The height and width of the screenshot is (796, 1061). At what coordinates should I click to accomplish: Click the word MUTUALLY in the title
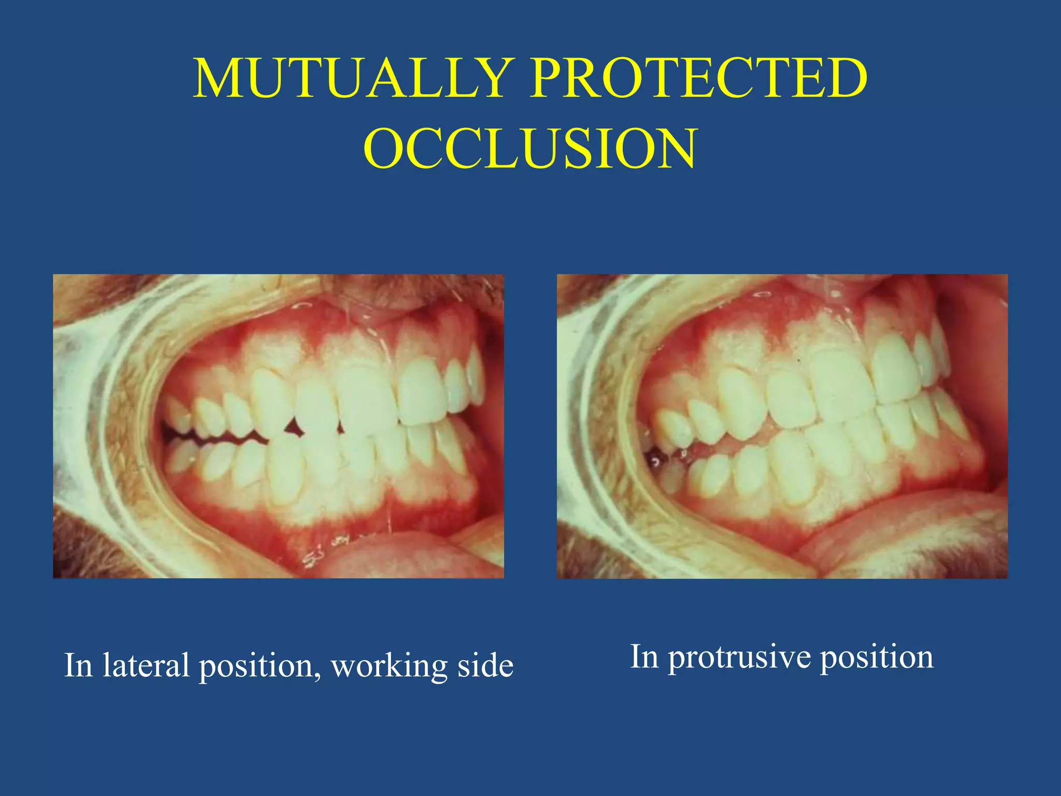(350, 78)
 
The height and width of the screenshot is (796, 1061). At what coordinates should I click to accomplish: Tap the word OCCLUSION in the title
(530, 149)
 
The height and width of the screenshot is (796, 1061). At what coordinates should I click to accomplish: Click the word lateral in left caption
(146, 665)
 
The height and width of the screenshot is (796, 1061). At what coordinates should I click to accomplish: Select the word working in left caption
(389, 666)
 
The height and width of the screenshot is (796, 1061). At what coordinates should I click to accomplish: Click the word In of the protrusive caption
(643, 657)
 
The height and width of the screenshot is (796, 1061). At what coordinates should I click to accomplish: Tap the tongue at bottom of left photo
(394, 555)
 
